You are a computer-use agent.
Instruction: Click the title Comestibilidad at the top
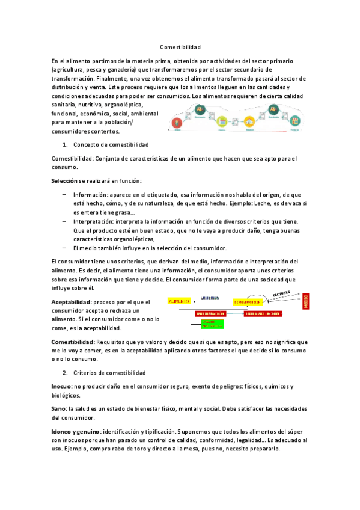[180, 47]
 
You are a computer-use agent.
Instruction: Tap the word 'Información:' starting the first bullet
[90, 195]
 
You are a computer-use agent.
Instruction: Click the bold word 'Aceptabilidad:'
[73, 303]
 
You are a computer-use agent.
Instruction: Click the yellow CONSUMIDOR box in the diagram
[248, 301]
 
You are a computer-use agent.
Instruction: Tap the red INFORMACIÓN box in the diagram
[210, 314]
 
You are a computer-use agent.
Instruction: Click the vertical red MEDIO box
[306, 301]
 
